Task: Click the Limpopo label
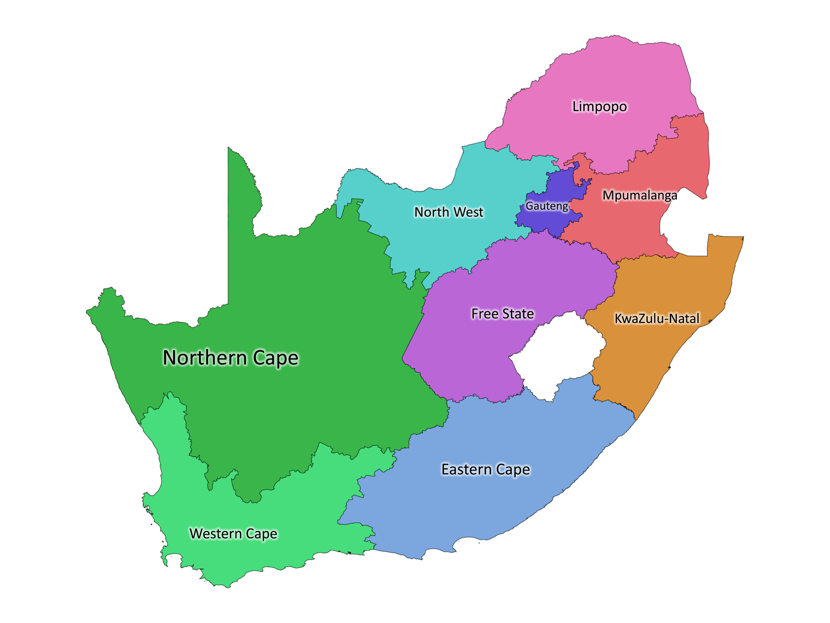pyautogui.click(x=599, y=107)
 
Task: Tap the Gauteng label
pyautogui.click(x=547, y=206)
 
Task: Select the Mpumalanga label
pyautogui.click(x=640, y=195)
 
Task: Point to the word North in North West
pyautogui.click(x=431, y=212)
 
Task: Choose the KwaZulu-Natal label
pyautogui.click(x=657, y=318)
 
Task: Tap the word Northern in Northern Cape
pyautogui.click(x=205, y=358)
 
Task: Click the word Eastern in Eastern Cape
pyautogui.click(x=467, y=470)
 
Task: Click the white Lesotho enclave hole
pyautogui.click(x=555, y=357)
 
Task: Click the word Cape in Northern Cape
pyautogui.click(x=276, y=358)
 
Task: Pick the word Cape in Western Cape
pyautogui.click(x=262, y=534)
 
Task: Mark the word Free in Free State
pyautogui.click(x=485, y=313)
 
